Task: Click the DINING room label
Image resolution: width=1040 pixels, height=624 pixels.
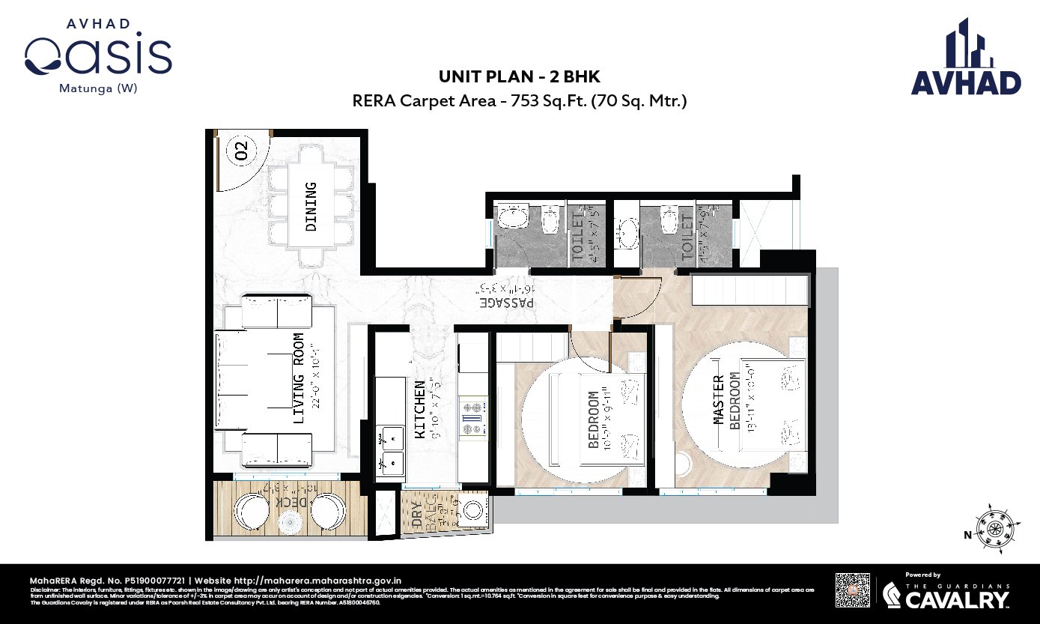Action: [x=311, y=206]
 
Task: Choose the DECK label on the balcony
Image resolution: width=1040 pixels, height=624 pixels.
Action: [x=288, y=501]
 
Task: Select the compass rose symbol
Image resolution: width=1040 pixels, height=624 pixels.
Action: [x=995, y=528]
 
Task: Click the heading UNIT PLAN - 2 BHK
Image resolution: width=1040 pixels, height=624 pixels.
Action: [x=519, y=77]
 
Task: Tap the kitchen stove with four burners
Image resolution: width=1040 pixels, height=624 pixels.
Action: [x=473, y=418]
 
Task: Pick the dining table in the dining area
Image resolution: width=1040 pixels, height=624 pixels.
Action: [x=311, y=206]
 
